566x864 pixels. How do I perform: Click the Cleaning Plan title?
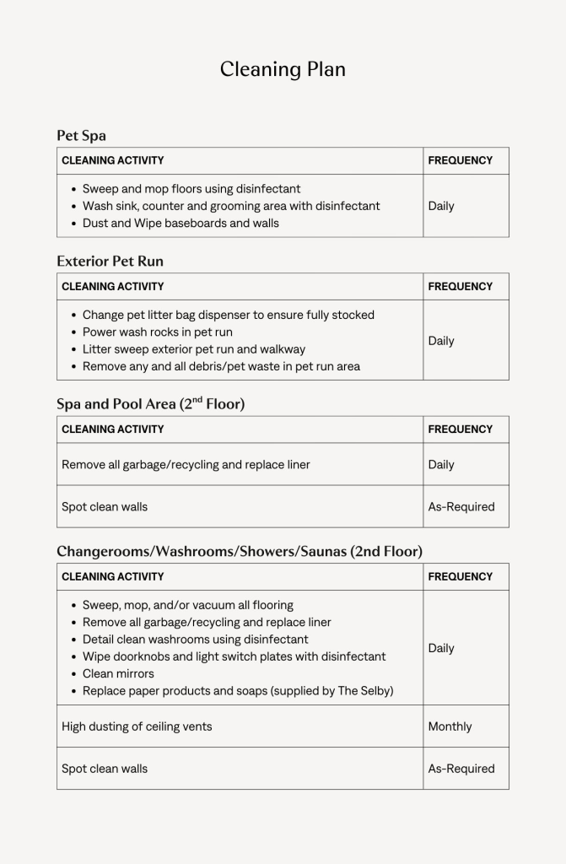click(x=283, y=69)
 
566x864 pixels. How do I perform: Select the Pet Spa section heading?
click(x=81, y=136)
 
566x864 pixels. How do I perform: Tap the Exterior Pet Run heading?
click(x=110, y=262)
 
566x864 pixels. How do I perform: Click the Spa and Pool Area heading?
click(x=150, y=404)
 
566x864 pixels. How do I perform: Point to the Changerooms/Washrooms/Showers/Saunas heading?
click(x=240, y=552)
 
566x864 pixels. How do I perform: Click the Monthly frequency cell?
click(x=450, y=726)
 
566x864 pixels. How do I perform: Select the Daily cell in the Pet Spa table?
click(x=441, y=206)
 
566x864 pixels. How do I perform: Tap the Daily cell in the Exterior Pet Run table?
click(x=441, y=341)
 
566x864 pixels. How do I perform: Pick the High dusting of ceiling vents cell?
click(x=137, y=726)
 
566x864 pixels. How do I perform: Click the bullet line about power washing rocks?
click(x=157, y=332)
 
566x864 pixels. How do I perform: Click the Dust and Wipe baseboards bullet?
click(x=181, y=224)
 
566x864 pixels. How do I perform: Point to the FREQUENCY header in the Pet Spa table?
click(x=460, y=160)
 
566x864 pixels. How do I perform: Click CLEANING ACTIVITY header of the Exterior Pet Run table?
click(x=113, y=287)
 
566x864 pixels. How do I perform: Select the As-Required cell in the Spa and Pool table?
click(x=461, y=507)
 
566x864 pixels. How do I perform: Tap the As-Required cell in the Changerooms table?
click(x=461, y=769)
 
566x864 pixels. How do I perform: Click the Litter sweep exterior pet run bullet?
click(x=194, y=349)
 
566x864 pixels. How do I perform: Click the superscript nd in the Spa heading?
click(x=197, y=399)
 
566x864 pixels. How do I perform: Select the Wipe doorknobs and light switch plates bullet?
click(x=234, y=656)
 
